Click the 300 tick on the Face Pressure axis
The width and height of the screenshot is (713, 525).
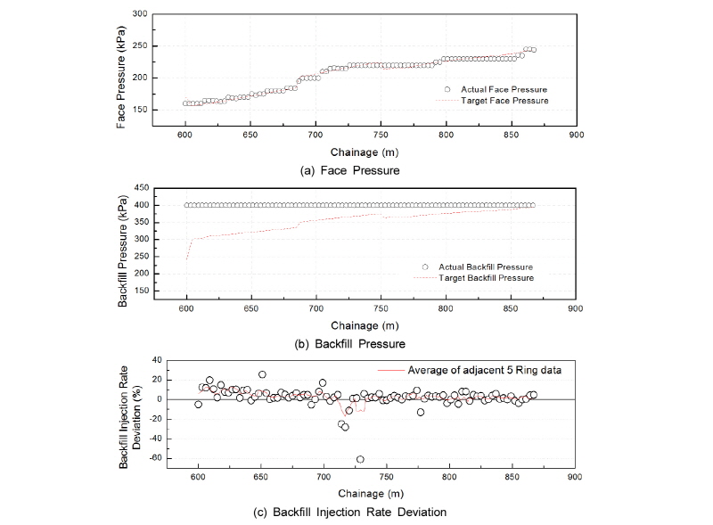pos(138,14)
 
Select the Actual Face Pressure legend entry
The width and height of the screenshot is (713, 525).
pos(504,89)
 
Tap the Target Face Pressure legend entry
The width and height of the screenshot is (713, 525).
pos(504,101)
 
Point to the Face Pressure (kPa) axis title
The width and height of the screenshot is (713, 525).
pos(122,78)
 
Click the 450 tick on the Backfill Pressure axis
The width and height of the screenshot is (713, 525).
pos(138,188)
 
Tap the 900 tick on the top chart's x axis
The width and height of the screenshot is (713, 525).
pos(576,135)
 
